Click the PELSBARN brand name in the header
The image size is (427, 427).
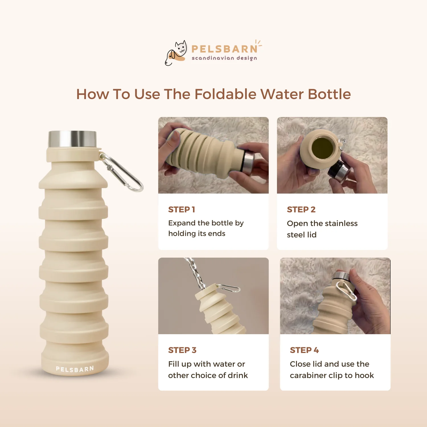(x=224, y=49)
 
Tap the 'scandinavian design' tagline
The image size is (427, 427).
(x=224, y=58)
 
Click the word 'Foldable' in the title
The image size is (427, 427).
(x=225, y=94)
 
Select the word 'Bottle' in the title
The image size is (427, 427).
(x=329, y=94)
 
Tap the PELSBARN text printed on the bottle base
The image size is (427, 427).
(x=75, y=369)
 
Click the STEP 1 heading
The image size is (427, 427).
(x=181, y=210)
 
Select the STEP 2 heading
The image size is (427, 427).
(x=301, y=210)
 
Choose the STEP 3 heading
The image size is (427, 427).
(x=182, y=350)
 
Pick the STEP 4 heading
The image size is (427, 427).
(x=304, y=350)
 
